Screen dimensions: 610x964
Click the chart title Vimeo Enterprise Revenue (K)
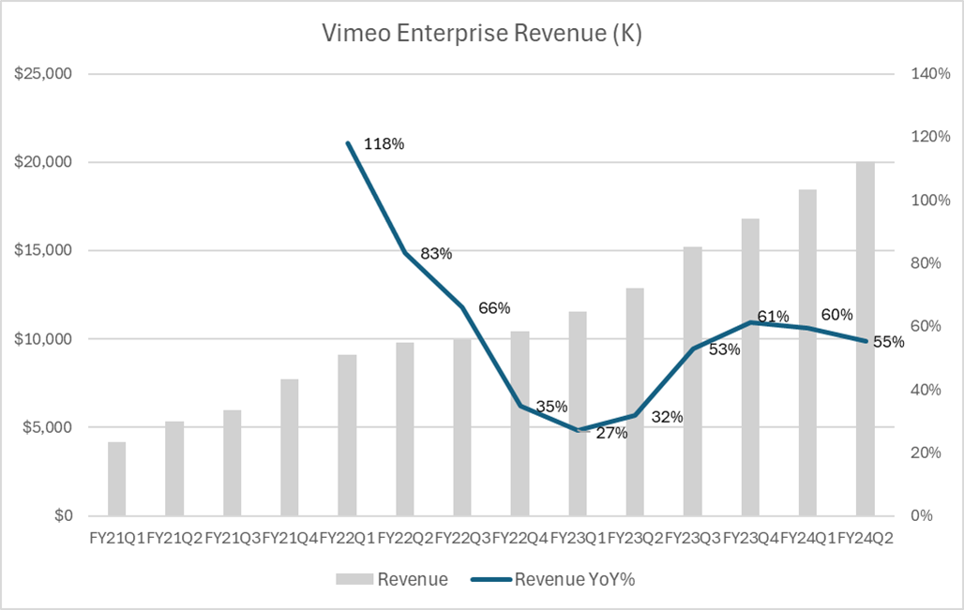coord(482,34)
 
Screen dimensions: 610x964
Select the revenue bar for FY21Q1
coord(117,479)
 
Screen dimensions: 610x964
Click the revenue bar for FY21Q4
coord(290,447)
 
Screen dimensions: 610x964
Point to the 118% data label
coord(384,144)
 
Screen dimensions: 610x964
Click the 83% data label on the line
coord(435,253)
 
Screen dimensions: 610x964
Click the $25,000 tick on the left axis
coord(43,74)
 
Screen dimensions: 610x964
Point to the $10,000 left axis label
coord(43,339)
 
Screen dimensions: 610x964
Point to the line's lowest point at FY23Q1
coord(578,430)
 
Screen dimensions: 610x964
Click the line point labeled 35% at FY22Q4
coord(520,406)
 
